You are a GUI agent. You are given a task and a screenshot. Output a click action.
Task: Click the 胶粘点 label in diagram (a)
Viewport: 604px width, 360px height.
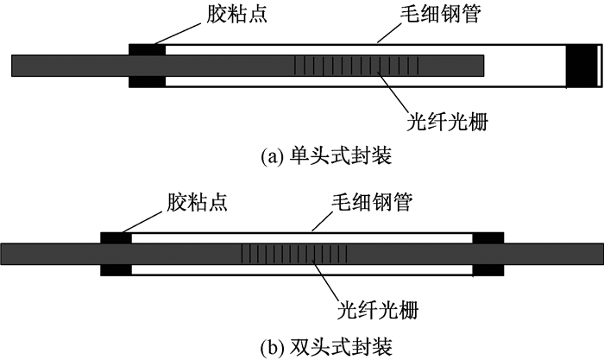237,15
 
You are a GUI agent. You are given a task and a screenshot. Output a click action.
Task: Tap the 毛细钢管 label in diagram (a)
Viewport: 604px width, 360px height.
440,15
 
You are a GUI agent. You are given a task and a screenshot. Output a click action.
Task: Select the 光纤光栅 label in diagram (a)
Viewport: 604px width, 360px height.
447,123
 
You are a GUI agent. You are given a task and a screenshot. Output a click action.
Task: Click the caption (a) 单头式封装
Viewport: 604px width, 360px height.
326,156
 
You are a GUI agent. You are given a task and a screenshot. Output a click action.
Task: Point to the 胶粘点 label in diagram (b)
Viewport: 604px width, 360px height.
197,202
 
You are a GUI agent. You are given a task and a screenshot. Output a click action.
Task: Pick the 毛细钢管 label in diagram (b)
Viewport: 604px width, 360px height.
372,202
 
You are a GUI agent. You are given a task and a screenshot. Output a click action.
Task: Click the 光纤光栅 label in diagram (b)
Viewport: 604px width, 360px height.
378,310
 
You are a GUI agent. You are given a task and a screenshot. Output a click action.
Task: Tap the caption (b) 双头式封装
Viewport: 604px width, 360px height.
326,346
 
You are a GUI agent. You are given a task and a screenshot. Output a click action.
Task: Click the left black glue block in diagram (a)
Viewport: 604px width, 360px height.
147,66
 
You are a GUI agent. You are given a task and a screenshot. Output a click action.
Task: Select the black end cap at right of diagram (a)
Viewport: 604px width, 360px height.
581,66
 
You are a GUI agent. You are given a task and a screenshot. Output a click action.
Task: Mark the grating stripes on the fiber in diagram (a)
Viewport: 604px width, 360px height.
356,66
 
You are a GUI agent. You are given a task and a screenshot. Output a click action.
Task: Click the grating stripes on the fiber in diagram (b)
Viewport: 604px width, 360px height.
294,254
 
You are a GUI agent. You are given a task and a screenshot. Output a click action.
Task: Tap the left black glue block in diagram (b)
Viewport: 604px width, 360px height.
116,254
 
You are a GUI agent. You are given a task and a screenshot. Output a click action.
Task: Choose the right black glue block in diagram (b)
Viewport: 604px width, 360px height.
488,254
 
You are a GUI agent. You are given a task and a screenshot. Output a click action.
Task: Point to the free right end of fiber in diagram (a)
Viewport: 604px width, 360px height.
483,66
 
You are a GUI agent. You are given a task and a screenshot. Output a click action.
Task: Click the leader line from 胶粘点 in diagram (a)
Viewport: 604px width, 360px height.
178,33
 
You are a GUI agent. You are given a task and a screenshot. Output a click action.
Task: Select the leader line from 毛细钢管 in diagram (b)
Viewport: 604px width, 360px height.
322,221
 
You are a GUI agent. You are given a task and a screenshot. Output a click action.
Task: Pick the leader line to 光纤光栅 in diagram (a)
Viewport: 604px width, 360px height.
392,92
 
